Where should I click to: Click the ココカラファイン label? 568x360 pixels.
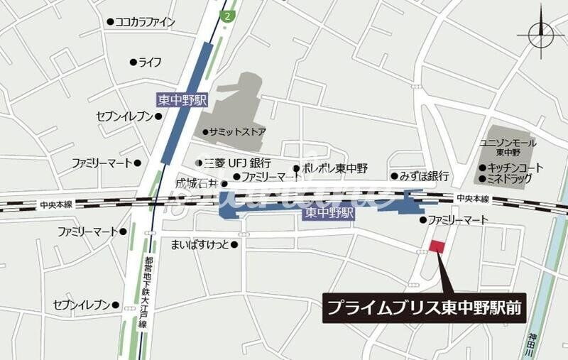click(145, 22)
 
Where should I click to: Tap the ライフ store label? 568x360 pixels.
click(150, 62)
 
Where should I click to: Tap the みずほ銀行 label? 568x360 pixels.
click(424, 176)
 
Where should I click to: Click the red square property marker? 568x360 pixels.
click(437, 246)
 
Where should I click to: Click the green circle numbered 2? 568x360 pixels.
click(226, 16)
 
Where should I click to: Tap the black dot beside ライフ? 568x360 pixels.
click(133, 62)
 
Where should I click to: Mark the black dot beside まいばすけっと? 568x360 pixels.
click(234, 245)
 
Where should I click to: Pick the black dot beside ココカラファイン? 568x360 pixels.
click(110, 22)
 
